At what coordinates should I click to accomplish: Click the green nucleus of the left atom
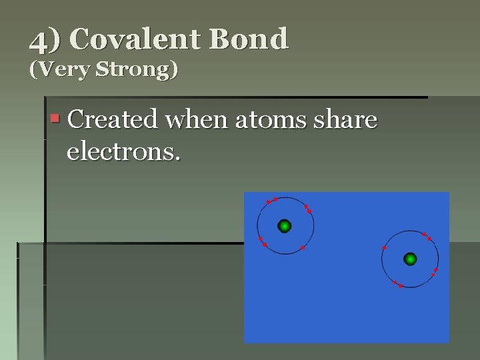[x=285, y=226]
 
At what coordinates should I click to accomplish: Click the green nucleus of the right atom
[x=410, y=259]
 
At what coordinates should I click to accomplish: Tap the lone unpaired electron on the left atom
[x=303, y=248]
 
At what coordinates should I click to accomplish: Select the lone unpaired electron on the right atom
[x=385, y=248]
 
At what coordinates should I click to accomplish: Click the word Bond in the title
[x=249, y=39]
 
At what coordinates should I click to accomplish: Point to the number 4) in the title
[x=45, y=40]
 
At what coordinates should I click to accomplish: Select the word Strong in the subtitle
[x=135, y=70]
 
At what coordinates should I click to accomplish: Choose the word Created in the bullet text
[x=113, y=120]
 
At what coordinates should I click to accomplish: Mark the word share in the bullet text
[x=347, y=120]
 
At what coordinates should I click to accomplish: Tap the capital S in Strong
[x=101, y=70]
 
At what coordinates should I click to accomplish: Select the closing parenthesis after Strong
[x=175, y=70]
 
